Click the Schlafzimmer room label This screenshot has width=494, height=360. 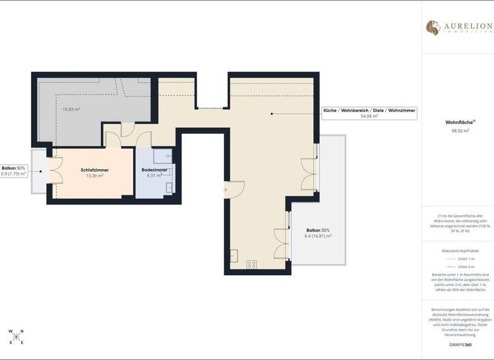pyautogui.click(x=95, y=170)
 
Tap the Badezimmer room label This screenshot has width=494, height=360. pyautogui.click(x=154, y=170)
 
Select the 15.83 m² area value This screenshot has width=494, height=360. pyautogui.click(x=71, y=109)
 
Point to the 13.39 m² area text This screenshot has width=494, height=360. pyautogui.click(x=95, y=175)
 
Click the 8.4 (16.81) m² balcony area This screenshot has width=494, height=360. pyautogui.click(x=318, y=236)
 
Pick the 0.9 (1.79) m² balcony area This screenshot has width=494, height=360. pyautogui.click(x=14, y=174)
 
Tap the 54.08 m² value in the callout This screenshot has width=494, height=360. pyautogui.click(x=369, y=116)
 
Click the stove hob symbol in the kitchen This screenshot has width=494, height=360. pyautogui.click(x=252, y=264)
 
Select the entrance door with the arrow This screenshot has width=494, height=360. pyautogui.click(x=233, y=190)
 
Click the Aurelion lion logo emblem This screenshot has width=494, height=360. pyautogui.click(x=433, y=27)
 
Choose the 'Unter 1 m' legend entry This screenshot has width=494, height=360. pyautogui.click(x=465, y=258)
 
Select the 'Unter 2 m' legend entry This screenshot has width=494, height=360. pyautogui.click(x=465, y=266)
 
